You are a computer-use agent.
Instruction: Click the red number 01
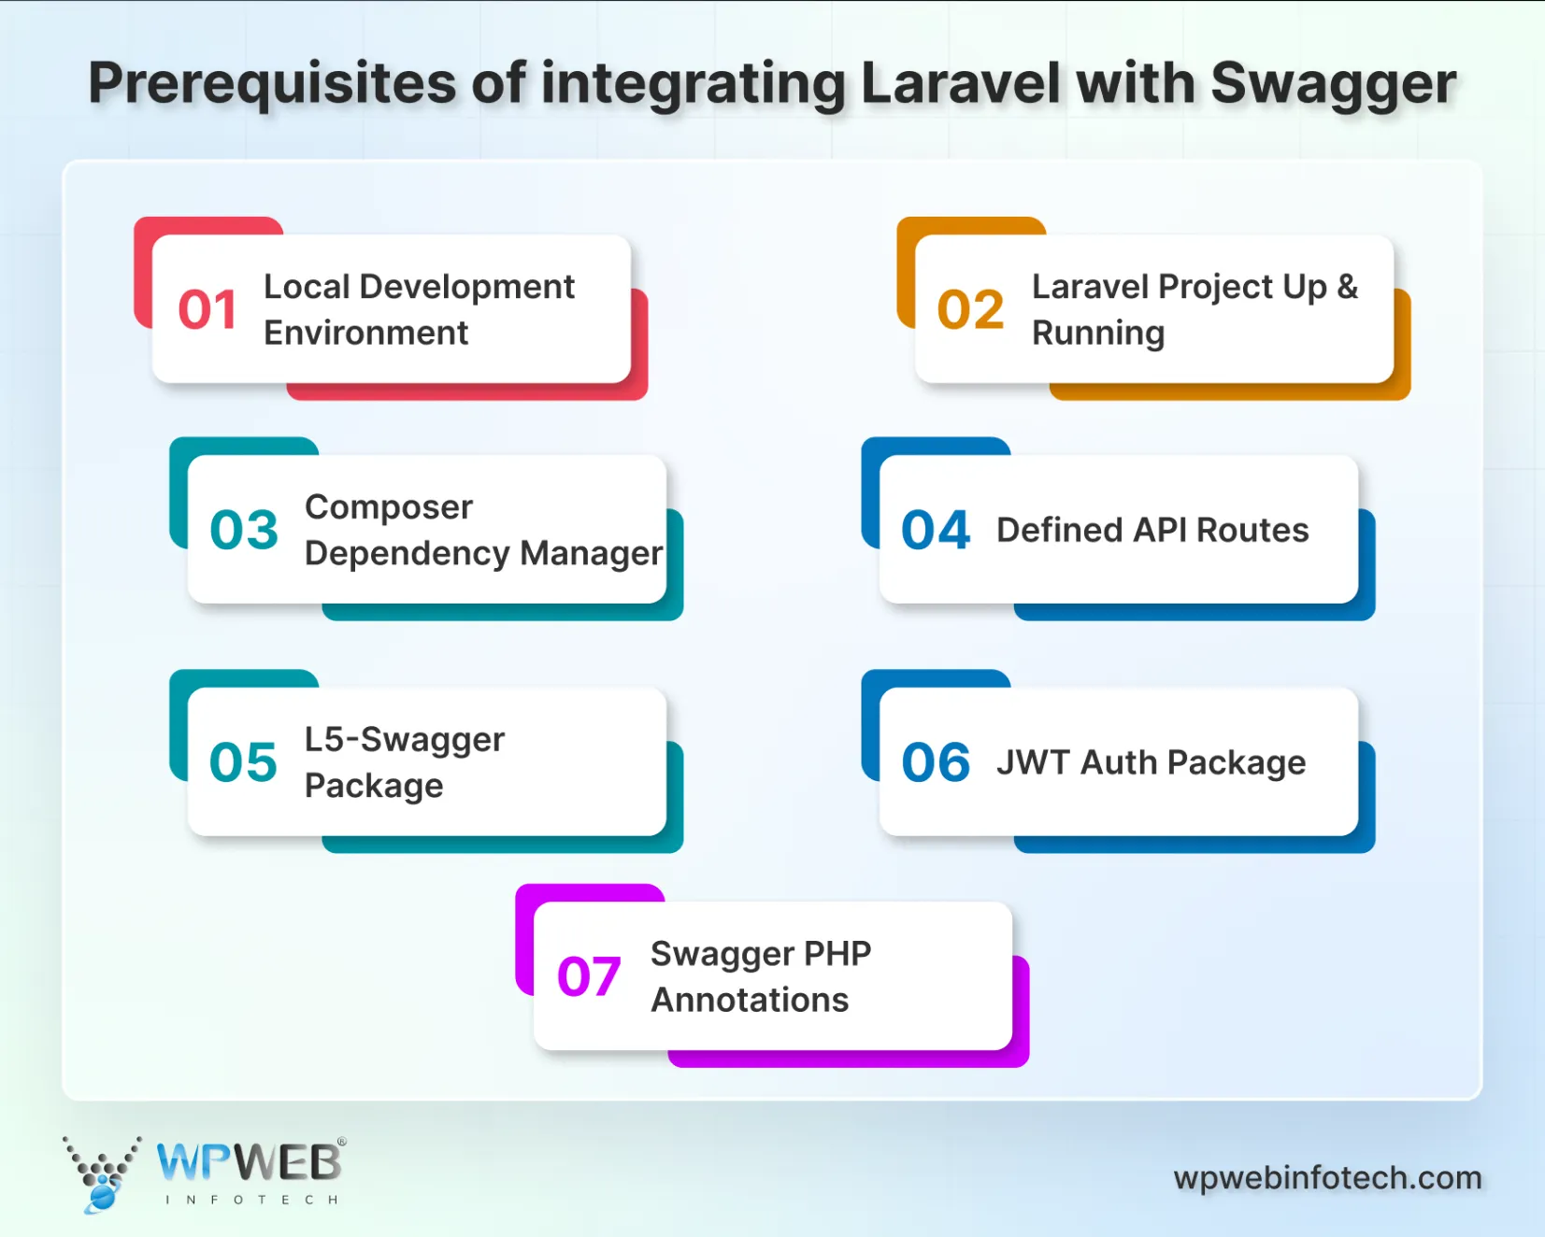pos(207,310)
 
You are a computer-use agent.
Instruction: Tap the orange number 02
pos(970,310)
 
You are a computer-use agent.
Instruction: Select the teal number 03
pos(244,531)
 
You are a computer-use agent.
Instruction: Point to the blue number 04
pos(936,531)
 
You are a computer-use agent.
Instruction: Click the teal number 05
pos(243,762)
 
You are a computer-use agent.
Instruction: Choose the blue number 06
pos(936,762)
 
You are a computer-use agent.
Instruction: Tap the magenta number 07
pos(589,977)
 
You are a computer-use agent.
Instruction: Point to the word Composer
pos(389,507)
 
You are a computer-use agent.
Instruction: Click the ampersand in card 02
pos(1347,287)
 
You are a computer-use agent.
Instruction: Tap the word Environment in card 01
pos(365,334)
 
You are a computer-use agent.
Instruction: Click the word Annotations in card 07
pos(750,1001)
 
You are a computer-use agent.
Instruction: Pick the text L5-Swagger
pos(404,740)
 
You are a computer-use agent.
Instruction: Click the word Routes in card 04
pos(1252,531)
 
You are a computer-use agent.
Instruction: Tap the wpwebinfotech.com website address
pos(1327,1178)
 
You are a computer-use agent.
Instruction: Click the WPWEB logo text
pos(249,1164)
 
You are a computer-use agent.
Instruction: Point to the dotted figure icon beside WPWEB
pos(101,1173)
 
